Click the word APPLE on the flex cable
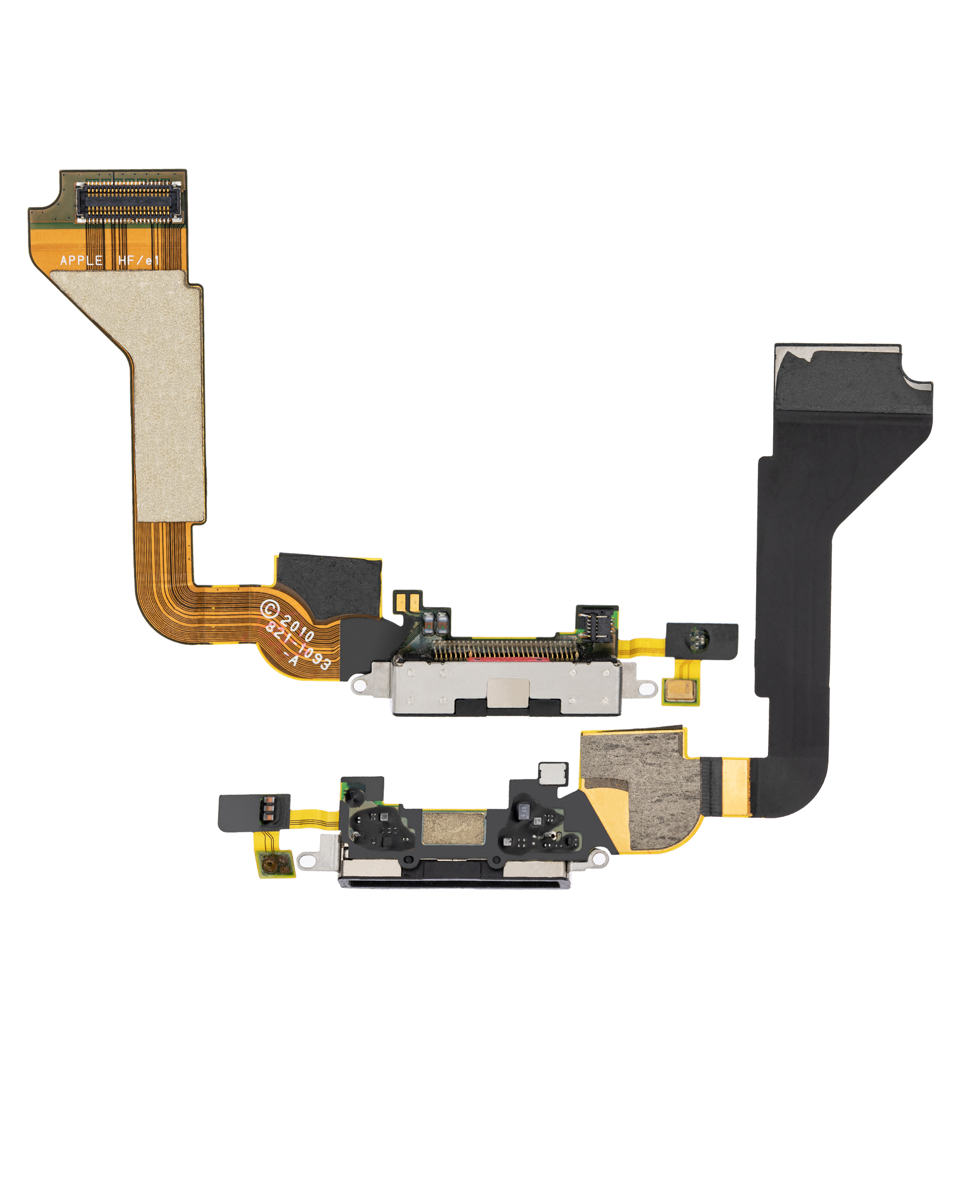81,261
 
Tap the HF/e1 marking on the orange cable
139,261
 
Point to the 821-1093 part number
298,645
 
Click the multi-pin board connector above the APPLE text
129,201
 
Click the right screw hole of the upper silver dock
647,689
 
